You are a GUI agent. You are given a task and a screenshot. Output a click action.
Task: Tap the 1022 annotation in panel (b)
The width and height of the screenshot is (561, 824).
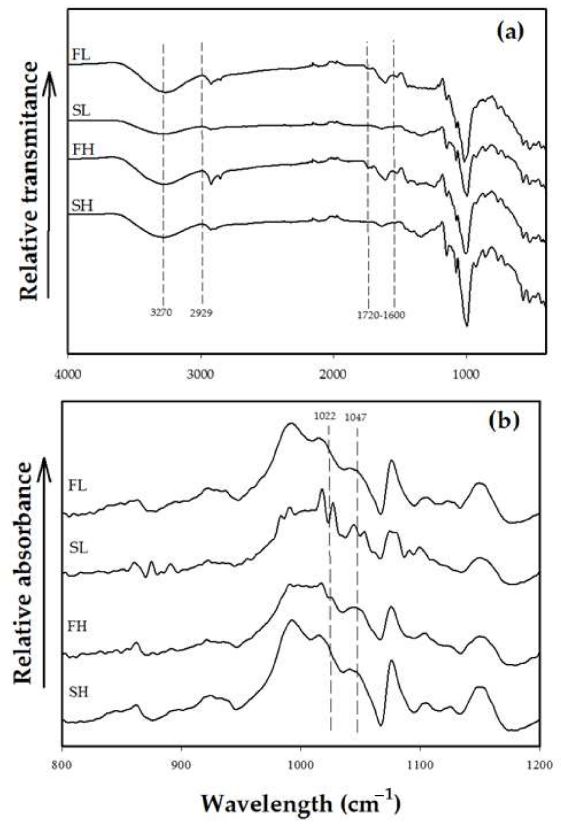pyautogui.click(x=325, y=416)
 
